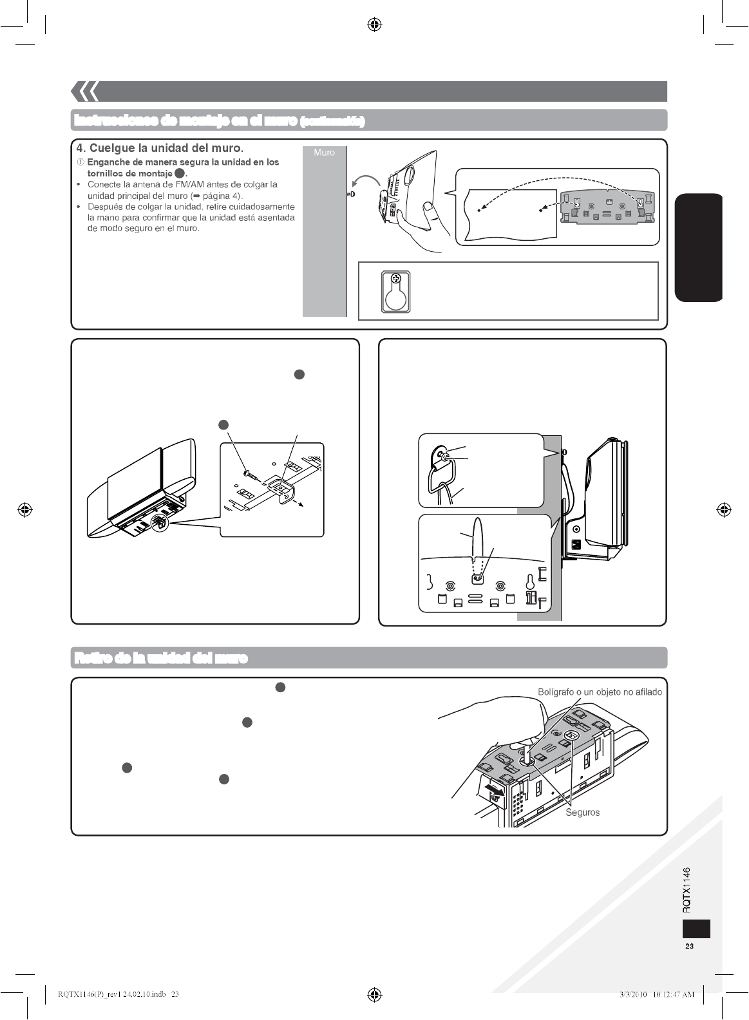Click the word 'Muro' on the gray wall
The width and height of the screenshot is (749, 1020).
pyautogui.click(x=324, y=153)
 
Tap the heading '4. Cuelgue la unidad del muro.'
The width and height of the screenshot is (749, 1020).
pyautogui.click(x=160, y=149)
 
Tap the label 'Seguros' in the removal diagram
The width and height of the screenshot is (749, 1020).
pyautogui.click(x=582, y=812)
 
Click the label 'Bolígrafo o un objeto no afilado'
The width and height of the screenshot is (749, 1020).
pyautogui.click(x=600, y=692)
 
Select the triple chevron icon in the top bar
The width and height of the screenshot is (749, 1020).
pyautogui.click(x=84, y=92)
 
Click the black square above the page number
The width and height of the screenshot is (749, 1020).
pyautogui.click(x=696, y=929)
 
